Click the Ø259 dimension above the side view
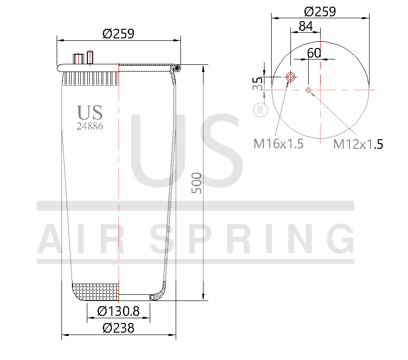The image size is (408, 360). tap(118, 34)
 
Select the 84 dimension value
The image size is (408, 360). tap(306, 26)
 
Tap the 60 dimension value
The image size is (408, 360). tap(314, 53)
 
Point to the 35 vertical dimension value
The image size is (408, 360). tap(258, 83)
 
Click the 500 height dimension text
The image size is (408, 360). tap(197, 182)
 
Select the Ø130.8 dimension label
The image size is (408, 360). tap(118, 312)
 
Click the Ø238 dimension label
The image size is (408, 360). tap(118, 328)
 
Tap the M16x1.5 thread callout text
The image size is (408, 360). tap(278, 144)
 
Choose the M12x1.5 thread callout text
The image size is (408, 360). tap(358, 144)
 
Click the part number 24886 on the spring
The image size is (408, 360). tap(90, 126)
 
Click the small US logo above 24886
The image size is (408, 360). tap(90, 112)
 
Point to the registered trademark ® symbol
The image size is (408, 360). tap(260, 111)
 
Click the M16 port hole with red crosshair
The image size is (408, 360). tap(290, 77)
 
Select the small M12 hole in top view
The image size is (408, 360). tap(309, 90)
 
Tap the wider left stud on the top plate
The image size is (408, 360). tap(78, 59)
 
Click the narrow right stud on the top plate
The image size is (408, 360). tap(90, 57)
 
